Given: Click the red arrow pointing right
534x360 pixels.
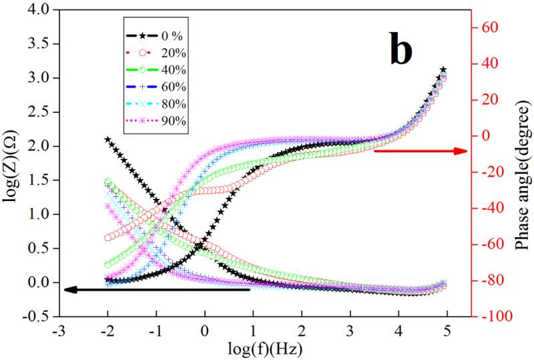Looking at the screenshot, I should pos(420,151).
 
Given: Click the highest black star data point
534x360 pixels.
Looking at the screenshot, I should pos(443,69).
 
